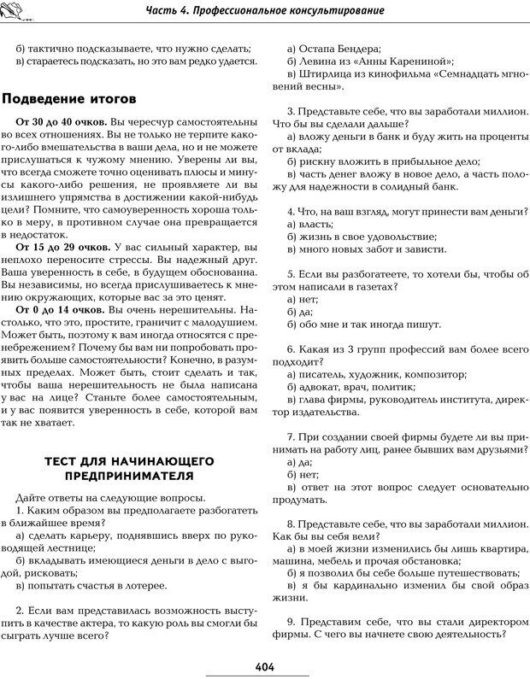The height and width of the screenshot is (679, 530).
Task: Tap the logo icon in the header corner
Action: click(x=16, y=9)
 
